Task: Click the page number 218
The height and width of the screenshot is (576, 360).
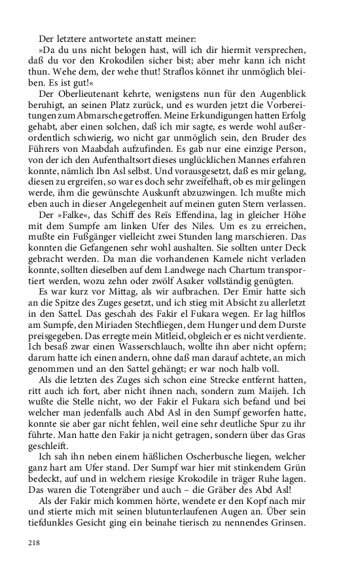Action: coord(35,543)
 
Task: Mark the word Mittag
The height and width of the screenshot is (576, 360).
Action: coord(128,308)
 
